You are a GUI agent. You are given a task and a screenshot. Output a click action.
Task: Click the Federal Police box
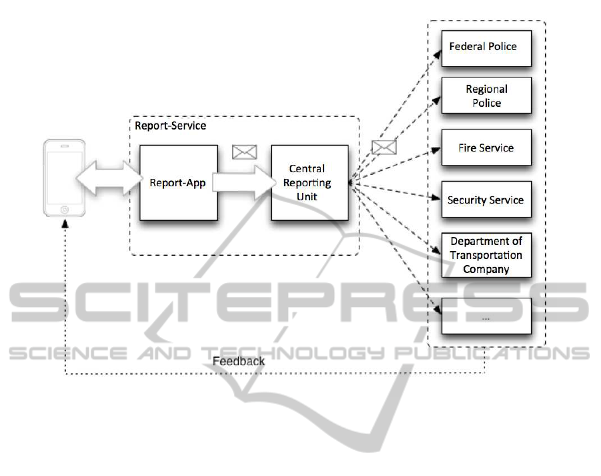pyautogui.click(x=486, y=47)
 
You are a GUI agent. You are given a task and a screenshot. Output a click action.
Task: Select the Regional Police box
pyautogui.click(x=486, y=95)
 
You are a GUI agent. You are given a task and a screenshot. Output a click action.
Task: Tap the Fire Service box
pyautogui.click(x=486, y=147)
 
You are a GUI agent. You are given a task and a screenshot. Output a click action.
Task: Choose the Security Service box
pyautogui.click(x=486, y=199)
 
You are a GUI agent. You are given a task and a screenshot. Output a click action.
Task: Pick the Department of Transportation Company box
pyautogui.click(x=486, y=254)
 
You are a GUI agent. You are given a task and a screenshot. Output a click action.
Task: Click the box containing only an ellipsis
pyautogui.click(x=486, y=316)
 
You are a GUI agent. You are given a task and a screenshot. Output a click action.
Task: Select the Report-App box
pyautogui.click(x=179, y=183)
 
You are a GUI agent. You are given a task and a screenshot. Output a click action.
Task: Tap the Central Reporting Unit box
pyautogui.click(x=310, y=183)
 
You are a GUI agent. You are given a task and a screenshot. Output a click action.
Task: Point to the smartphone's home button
pyautogui.click(x=64, y=209)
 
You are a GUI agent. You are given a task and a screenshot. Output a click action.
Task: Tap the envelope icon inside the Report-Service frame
pyautogui.click(x=244, y=152)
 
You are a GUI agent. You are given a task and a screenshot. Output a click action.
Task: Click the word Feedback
pyautogui.click(x=238, y=361)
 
